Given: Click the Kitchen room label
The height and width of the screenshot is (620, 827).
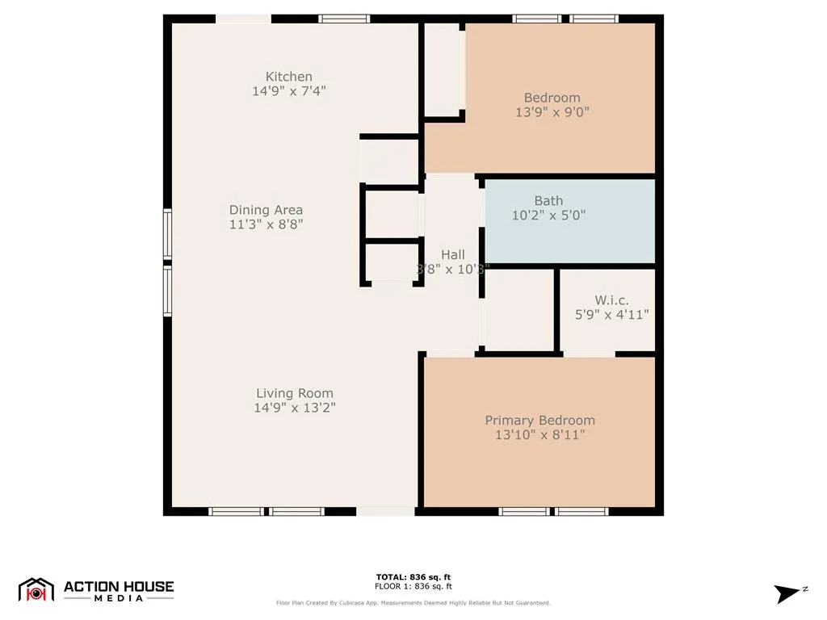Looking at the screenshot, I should (x=288, y=77).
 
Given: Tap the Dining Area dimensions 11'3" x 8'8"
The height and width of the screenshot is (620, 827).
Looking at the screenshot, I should (x=266, y=224).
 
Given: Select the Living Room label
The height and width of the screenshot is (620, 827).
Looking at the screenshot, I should (x=295, y=394).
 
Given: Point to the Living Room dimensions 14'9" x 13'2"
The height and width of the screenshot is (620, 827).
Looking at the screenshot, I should (x=295, y=408).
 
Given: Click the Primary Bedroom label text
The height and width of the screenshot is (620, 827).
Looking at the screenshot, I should (x=539, y=421).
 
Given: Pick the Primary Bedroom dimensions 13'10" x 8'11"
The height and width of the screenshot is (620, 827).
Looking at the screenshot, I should (x=539, y=435).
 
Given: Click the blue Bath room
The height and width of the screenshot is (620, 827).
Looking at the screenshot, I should (x=569, y=234).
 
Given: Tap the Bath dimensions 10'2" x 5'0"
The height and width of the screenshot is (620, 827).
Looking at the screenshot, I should (x=548, y=216).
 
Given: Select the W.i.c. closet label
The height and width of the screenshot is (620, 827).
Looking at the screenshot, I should (x=611, y=300).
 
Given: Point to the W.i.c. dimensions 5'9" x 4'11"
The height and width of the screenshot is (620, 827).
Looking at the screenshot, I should (x=611, y=315).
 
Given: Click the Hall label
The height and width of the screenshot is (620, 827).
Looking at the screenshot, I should (x=452, y=255).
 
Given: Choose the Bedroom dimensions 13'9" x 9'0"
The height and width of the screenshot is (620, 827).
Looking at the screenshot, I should (x=552, y=113).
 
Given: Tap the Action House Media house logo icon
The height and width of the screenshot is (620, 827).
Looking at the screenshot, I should (x=36, y=589).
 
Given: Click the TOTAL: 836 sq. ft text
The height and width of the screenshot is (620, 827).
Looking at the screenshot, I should (x=413, y=577).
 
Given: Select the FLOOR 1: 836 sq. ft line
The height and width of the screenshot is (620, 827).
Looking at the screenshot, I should (x=413, y=587).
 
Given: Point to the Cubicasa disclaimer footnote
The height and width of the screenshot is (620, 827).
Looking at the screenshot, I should (x=413, y=603).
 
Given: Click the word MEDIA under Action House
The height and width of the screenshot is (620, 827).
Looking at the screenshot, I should (x=119, y=598).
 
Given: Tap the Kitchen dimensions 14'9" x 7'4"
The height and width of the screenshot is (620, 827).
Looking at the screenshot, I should (x=288, y=91).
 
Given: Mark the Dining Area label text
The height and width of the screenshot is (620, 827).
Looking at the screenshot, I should (x=266, y=210).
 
